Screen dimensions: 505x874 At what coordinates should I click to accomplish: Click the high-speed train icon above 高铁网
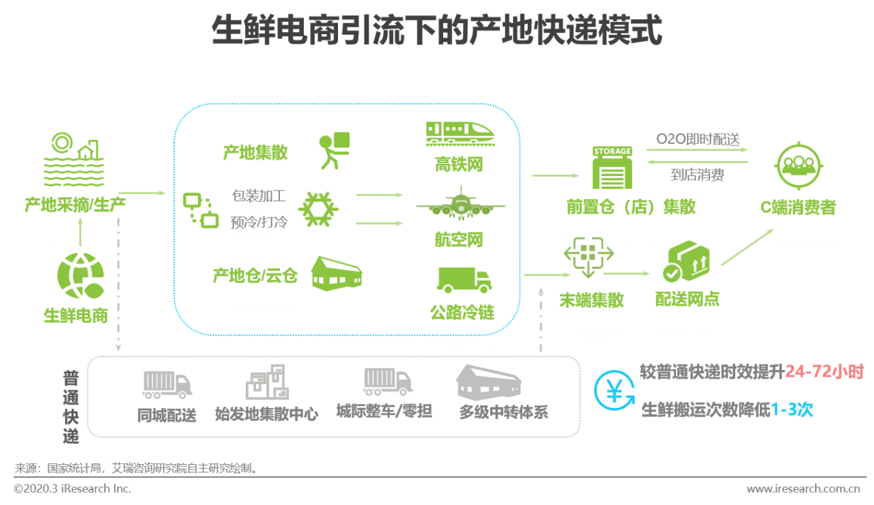click(459, 133)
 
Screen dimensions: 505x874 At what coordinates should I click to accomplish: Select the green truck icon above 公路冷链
click(464, 280)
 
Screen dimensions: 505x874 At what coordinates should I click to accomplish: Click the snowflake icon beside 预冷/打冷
click(318, 208)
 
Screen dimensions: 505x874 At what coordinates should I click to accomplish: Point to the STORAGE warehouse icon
click(612, 168)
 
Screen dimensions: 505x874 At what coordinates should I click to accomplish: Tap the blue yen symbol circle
click(614, 390)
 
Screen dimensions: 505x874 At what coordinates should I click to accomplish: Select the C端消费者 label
click(798, 207)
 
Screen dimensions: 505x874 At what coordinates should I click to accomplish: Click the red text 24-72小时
click(824, 372)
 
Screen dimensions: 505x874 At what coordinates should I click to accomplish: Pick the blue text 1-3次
click(792, 409)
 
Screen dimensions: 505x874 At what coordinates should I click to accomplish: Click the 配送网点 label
click(687, 299)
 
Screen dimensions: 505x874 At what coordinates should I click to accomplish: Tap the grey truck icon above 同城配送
click(167, 385)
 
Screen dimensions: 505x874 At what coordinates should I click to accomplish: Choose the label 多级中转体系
click(503, 412)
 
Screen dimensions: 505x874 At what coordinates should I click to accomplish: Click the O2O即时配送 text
click(698, 139)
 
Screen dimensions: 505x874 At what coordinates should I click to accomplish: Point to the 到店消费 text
click(697, 175)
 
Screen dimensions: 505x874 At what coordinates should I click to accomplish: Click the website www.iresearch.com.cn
click(803, 489)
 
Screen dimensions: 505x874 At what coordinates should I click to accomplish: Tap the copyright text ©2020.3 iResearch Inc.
click(72, 489)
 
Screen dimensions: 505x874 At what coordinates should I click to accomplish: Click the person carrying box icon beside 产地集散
click(334, 150)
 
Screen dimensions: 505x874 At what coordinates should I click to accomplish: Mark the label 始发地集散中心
click(266, 414)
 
